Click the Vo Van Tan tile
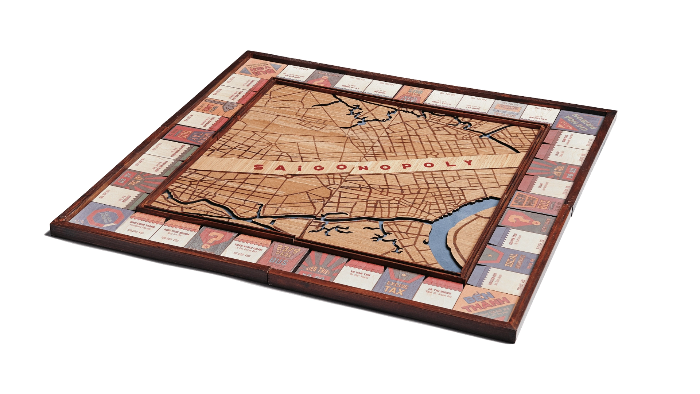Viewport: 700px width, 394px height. (357, 276)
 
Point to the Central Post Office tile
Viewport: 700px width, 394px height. (509, 106)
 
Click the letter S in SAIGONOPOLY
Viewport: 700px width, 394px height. (258, 167)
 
